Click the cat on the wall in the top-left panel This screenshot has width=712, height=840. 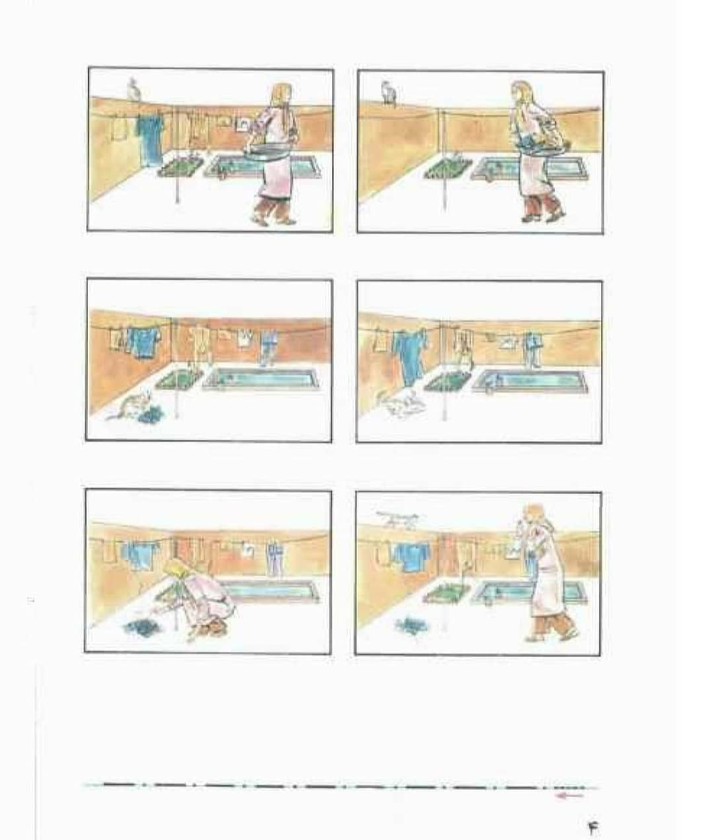(x=134, y=88)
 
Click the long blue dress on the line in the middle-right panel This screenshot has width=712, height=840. (x=409, y=357)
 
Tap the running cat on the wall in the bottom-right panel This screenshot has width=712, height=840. (x=395, y=520)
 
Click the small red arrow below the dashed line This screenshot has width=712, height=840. (x=569, y=796)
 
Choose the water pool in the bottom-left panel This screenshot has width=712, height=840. (x=271, y=590)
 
